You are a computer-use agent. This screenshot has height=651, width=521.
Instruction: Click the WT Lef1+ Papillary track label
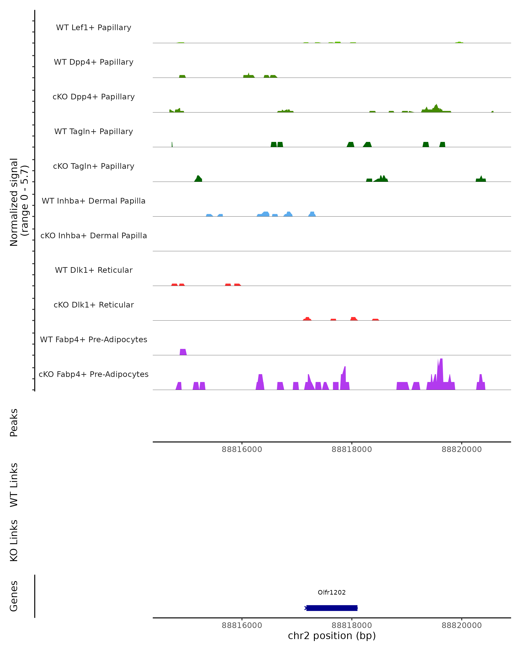(x=94, y=28)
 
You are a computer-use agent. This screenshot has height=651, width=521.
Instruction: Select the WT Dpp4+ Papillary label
(x=94, y=62)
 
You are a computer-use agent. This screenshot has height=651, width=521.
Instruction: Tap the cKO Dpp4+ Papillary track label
(x=94, y=97)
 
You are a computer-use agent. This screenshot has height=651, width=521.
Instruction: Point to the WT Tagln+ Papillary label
(x=94, y=132)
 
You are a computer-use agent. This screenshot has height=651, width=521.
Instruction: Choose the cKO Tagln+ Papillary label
(x=94, y=166)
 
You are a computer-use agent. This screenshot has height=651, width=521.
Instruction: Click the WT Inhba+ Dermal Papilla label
(x=94, y=201)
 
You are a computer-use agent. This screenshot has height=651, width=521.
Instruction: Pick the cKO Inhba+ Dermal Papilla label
(x=94, y=236)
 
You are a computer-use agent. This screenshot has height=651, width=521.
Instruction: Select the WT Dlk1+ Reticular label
(x=94, y=270)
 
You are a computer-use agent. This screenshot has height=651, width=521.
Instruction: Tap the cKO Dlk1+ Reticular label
(x=94, y=305)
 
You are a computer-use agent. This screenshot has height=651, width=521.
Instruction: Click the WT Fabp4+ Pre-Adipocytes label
(x=94, y=340)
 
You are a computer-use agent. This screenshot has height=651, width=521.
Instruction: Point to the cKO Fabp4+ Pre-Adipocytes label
(x=94, y=374)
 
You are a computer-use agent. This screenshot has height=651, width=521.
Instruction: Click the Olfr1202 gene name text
(x=332, y=592)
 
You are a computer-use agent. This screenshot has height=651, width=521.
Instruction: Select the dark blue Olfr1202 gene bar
(x=332, y=608)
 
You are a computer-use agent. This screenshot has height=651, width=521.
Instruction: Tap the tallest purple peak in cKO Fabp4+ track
(x=441, y=374)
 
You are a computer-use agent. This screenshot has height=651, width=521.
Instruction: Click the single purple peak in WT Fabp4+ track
(x=183, y=352)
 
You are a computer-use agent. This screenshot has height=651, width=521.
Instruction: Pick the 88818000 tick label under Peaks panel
(x=351, y=450)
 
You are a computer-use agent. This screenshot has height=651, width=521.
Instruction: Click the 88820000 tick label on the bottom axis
(x=462, y=626)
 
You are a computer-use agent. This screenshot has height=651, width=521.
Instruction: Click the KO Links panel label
(x=14, y=541)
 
